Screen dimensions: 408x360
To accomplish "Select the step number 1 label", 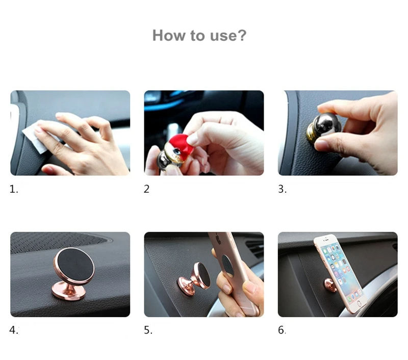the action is (x=14, y=189).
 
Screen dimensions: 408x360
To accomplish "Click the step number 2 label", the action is (x=146, y=189).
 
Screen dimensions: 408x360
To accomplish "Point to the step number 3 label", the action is (x=283, y=189).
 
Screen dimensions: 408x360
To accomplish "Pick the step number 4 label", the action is (x=14, y=330).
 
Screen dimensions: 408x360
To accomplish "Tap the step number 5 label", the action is (x=148, y=330).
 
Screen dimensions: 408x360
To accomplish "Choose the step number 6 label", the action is (x=282, y=330).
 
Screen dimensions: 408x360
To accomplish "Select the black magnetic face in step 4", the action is (x=75, y=264).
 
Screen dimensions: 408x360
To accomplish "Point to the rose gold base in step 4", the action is (x=69, y=291).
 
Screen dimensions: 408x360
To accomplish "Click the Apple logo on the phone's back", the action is (x=219, y=239).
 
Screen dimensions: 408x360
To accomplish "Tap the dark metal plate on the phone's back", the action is (x=227, y=265).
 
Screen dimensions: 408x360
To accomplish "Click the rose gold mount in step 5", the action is (x=195, y=279).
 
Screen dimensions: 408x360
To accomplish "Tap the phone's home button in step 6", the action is (x=360, y=303).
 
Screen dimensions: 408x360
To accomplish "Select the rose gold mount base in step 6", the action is (x=330, y=285).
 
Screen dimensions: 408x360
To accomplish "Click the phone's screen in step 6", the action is (x=340, y=271).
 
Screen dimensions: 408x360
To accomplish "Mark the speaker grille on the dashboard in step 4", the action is (x=57, y=242).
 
